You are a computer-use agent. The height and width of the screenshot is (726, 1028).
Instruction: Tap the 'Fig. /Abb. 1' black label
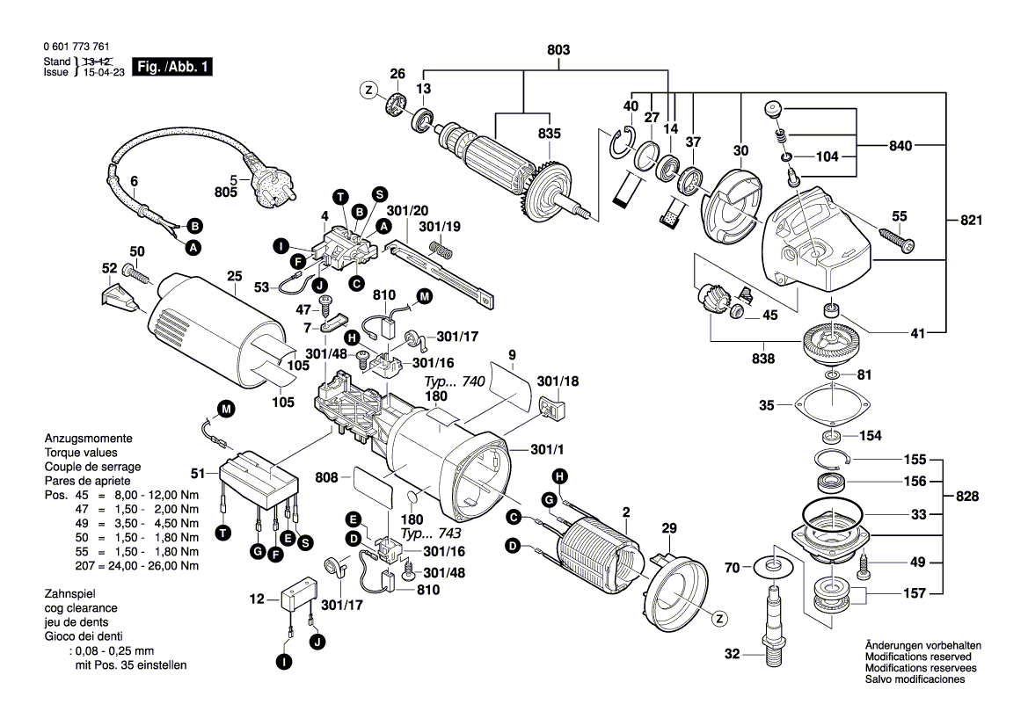[171, 67]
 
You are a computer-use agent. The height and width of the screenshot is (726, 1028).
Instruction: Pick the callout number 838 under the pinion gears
[763, 359]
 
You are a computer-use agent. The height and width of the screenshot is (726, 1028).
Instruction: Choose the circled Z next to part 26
[368, 90]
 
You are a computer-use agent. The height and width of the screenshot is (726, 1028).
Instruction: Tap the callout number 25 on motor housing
[233, 276]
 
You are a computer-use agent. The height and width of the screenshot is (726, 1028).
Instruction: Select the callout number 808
[326, 478]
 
